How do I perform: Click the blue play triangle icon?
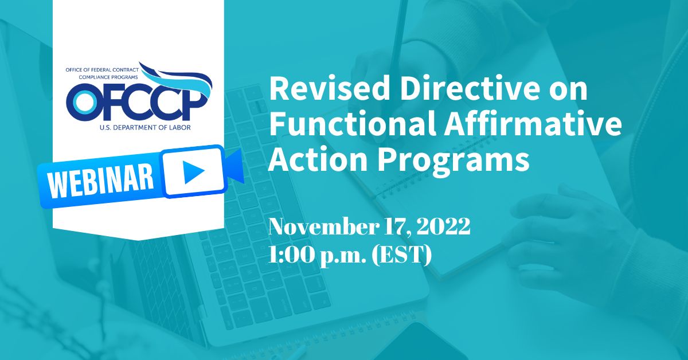pos(191,171)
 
